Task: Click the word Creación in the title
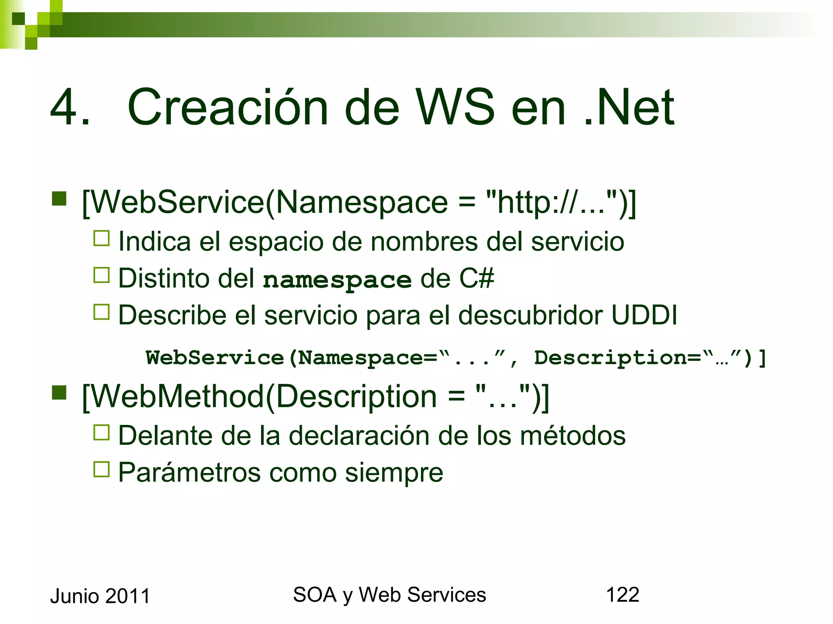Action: [x=228, y=108]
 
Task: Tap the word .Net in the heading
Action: [x=629, y=108]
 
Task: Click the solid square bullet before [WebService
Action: [x=59, y=199]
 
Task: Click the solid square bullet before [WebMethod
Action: [x=59, y=392]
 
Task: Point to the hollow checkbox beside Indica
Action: [x=102, y=238]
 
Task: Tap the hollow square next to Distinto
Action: [x=102, y=275]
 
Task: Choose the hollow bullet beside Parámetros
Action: [x=102, y=469]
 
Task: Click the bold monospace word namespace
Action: [x=337, y=280]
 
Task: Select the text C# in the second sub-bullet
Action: [x=476, y=279]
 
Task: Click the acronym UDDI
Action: [x=644, y=315]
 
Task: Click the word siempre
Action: [x=394, y=473]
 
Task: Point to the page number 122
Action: [x=622, y=595]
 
